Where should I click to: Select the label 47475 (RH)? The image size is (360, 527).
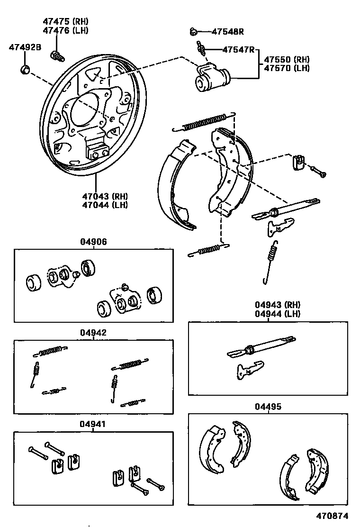[65, 22]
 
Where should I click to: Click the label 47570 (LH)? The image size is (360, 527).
[287, 68]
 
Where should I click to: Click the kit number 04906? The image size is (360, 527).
[93, 242]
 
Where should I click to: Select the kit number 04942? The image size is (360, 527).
[93, 333]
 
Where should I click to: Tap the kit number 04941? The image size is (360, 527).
[93, 424]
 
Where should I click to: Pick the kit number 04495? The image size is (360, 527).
[268, 406]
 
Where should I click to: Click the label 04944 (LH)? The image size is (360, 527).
[278, 313]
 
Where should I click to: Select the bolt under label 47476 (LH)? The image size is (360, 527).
[57, 56]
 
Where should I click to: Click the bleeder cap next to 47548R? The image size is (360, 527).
[193, 32]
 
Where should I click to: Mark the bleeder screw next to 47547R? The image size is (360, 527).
[201, 48]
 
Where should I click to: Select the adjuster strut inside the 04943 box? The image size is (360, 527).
[263, 348]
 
